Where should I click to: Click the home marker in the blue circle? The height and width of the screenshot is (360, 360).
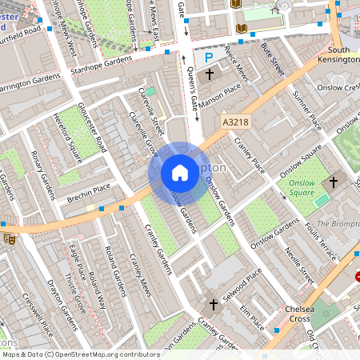[180, 173]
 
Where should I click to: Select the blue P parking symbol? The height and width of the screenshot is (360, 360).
[209, 57]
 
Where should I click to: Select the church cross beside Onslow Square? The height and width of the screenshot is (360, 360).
[334, 182]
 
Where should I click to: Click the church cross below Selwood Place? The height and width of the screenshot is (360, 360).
[213, 304]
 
